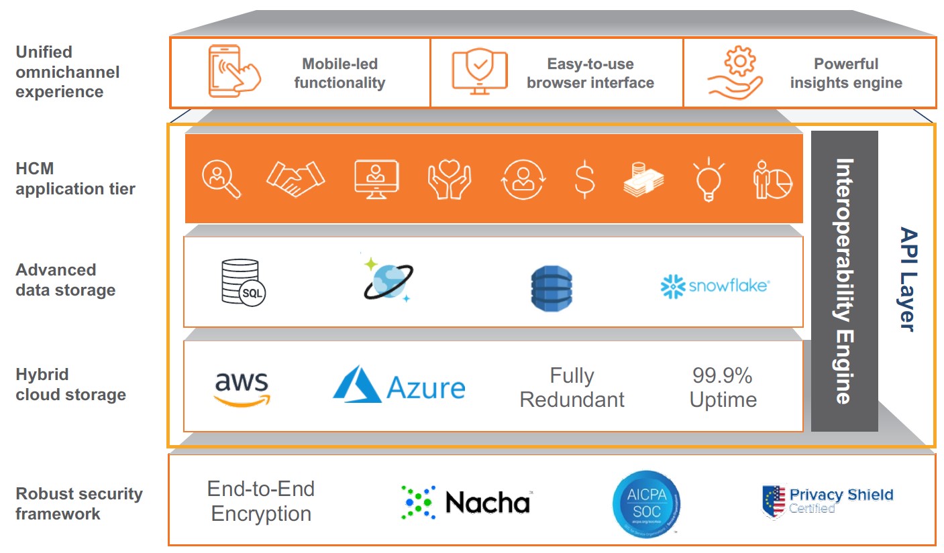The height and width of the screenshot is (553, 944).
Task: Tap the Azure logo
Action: pos(399,385)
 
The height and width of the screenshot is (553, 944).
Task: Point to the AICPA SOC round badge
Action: pos(646,502)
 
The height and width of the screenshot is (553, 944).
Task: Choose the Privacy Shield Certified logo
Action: pos(828,501)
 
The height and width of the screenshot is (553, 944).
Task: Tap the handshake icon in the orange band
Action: pos(295,180)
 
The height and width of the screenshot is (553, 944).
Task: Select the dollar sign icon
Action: pos(584,180)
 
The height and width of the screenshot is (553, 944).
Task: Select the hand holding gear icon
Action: pos(735,72)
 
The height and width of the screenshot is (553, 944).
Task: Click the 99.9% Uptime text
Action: pos(723,387)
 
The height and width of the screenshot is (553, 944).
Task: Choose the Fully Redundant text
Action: pos(572,387)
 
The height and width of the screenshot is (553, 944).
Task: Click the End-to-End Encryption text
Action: pos(260,501)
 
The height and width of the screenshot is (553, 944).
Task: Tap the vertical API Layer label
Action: pos(907,279)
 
